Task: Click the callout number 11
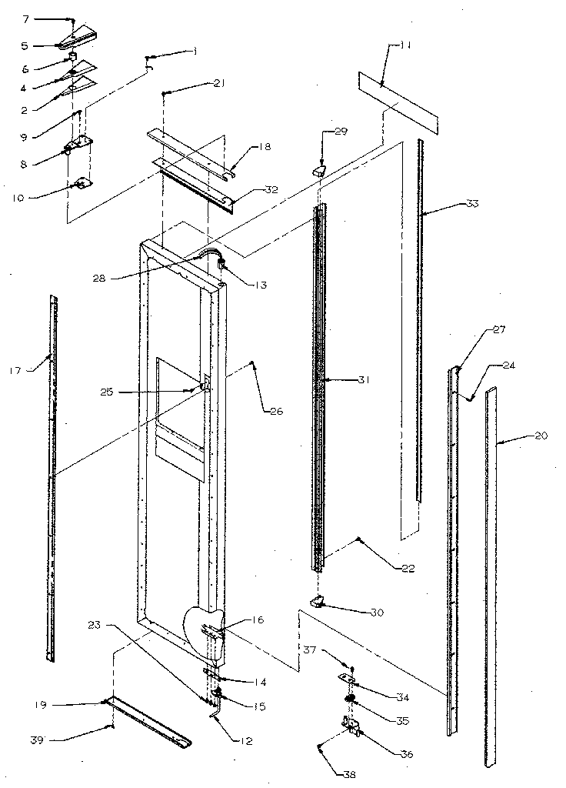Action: click(x=405, y=45)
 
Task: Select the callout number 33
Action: click(x=471, y=204)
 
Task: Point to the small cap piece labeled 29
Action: click(x=318, y=169)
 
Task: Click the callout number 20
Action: click(x=541, y=436)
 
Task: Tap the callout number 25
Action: click(x=106, y=392)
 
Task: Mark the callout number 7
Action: click(x=24, y=17)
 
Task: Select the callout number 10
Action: click(x=16, y=197)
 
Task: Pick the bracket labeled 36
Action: click(x=351, y=727)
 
